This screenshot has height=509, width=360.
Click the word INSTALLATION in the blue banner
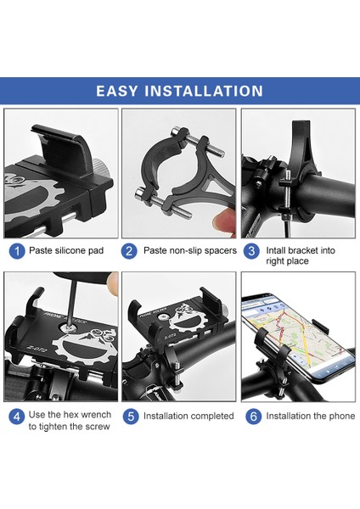(204, 91)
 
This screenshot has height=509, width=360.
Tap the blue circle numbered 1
(17, 251)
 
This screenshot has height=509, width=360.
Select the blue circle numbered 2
(129, 251)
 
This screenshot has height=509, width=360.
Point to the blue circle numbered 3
(251, 251)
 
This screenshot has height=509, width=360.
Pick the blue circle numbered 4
(17, 416)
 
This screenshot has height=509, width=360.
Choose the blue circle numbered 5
(131, 416)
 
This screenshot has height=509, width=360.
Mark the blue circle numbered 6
(253, 416)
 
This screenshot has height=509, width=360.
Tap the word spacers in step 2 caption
(219, 251)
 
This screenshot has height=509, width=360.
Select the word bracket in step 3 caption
(303, 250)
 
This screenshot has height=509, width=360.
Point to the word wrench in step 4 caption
(96, 415)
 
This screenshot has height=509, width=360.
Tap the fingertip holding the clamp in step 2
(225, 222)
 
